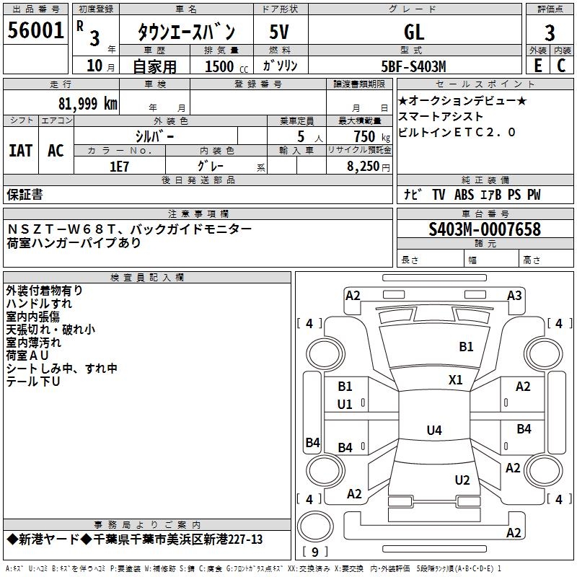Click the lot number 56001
tap(35, 30)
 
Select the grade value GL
tap(414, 32)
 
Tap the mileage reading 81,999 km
tap(88, 104)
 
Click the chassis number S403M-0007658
tap(485, 229)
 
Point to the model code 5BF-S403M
tap(413, 66)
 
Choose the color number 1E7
tap(119, 167)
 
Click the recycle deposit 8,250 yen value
tap(368, 167)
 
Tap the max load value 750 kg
tap(371, 136)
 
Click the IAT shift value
tap(21, 151)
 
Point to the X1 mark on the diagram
tap(456, 380)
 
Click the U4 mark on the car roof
tap(434, 430)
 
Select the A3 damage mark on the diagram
tap(514, 296)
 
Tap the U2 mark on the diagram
tap(462, 480)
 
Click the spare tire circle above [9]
tap(315, 527)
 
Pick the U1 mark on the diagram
tap(345, 405)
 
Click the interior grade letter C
tap(561, 66)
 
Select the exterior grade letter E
tap(537, 66)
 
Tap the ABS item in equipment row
tap(464, 195)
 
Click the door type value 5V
tap(279, 32)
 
